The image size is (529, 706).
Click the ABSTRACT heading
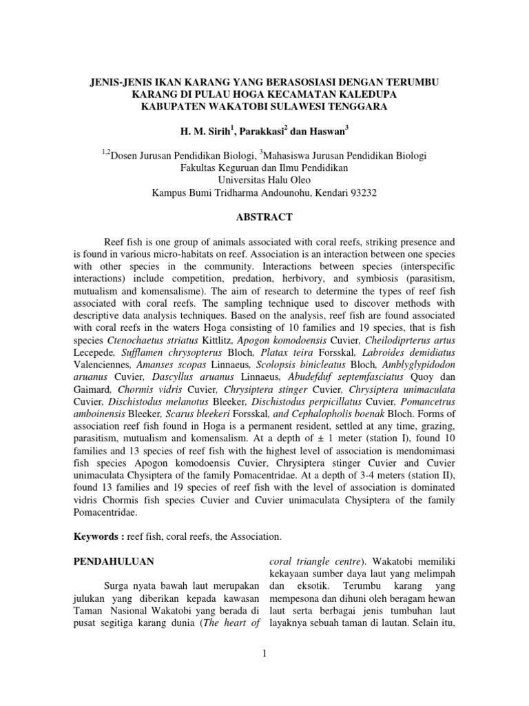264,217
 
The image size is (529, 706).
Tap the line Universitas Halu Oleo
264,180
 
